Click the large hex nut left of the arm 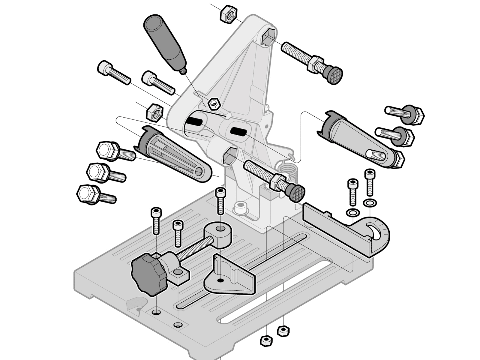(x=154, y=112)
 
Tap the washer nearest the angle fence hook (x=368, y=203)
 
